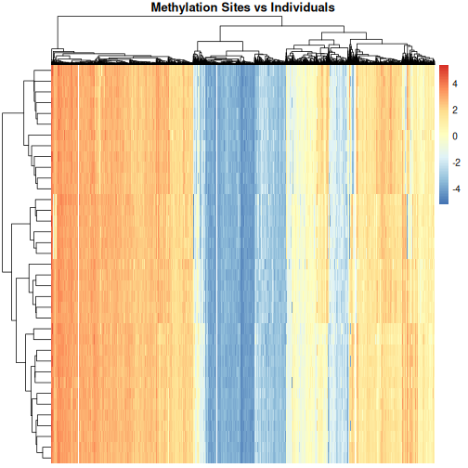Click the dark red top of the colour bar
(x=443, y=70)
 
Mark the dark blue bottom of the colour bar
(x=443, y=200)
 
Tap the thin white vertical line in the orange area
(x=80, y=260)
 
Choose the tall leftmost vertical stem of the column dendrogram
(x=56, y=37)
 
